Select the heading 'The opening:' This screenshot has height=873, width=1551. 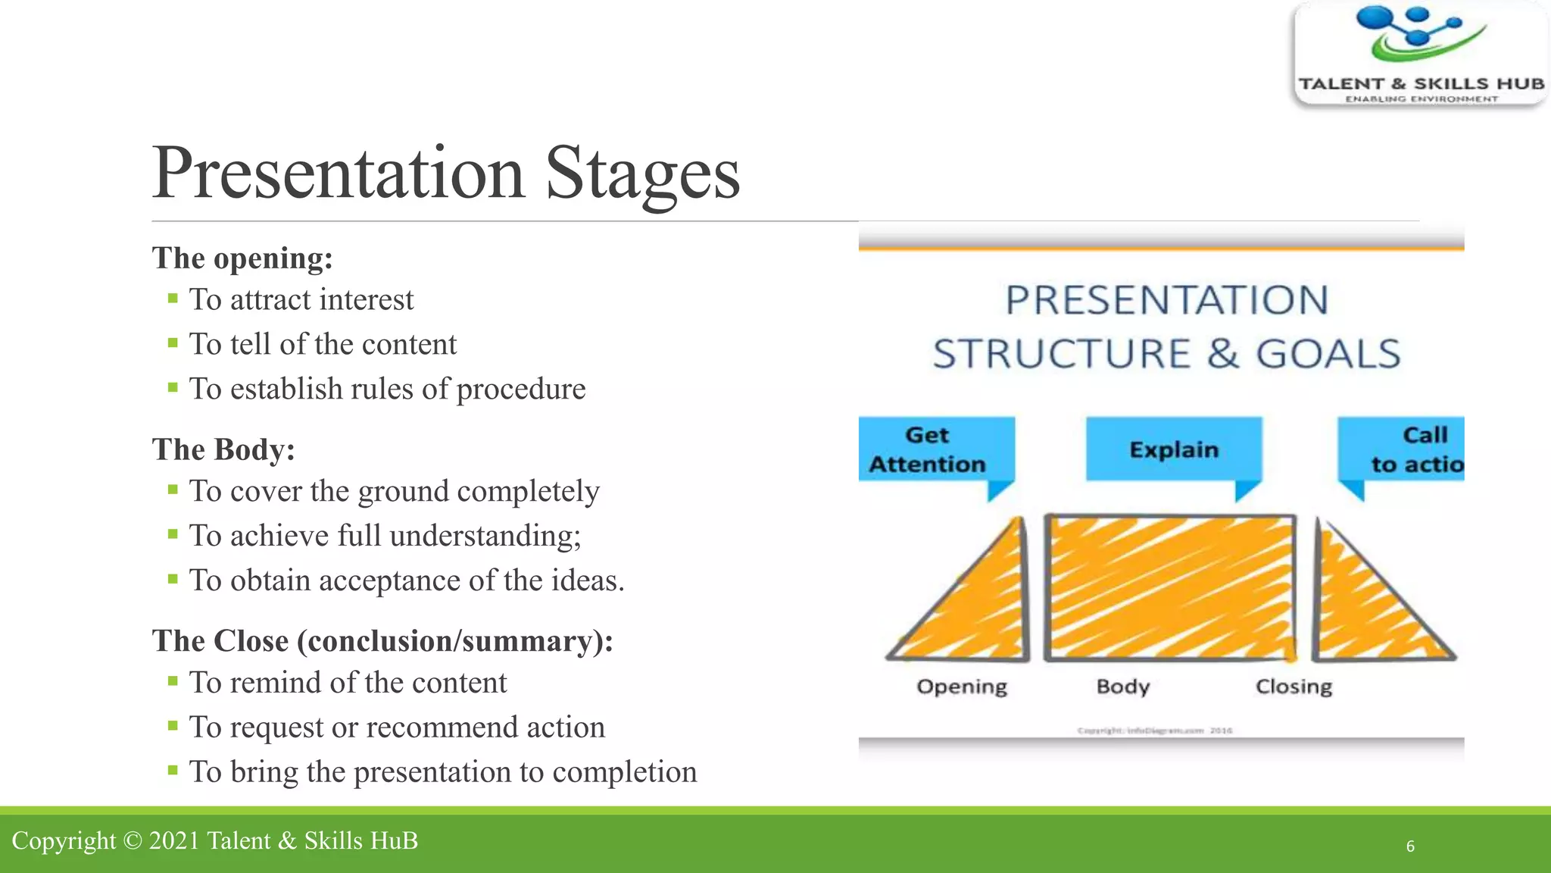click(x=242, y=258)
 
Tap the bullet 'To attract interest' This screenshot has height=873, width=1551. click(x=301, y=300)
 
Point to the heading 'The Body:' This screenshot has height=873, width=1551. click(x=223, y=449)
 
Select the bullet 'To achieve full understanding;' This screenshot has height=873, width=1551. click(x=385, y=536)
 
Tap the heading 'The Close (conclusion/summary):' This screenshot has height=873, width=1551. click(x=382, y=641)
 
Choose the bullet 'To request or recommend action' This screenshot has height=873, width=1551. click(x=397, y=727)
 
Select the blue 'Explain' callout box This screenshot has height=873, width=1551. click(x=1173, y=449)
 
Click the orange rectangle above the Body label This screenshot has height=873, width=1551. click(x=1170, y=587)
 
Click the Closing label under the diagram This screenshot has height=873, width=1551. click(x=1294, y=687)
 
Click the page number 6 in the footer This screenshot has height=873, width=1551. click(x=1410, y=846)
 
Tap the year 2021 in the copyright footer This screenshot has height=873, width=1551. click(x=173, y=841)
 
